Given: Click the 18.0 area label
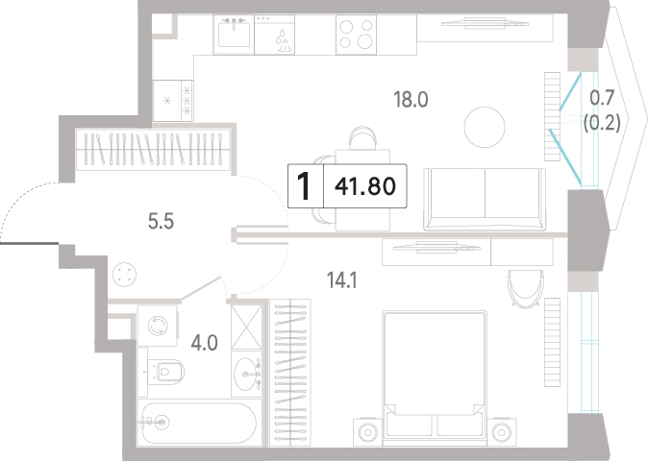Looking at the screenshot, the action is coord(411,100).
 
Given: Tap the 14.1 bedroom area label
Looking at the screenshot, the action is coord(341,280).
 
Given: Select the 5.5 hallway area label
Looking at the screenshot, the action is coord(161,222).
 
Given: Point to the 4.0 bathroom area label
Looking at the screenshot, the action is coord(204,343).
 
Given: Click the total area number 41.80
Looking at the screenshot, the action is coord(365,186).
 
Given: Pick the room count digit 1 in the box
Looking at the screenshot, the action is coord(304,186).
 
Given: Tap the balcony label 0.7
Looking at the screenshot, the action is coord(602,98).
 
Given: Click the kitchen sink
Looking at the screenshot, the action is coord(234,34).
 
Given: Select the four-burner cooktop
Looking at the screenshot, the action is coord(356,35).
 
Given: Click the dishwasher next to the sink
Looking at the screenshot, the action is coord(274,35).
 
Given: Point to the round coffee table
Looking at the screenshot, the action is coord(485,127).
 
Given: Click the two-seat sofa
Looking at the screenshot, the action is coord(485,199).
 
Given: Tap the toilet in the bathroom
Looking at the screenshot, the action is coord(165,372).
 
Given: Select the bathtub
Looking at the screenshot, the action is coord(199,422).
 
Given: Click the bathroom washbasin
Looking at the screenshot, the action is coord(247,374).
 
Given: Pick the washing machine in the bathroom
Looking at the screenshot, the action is coord(158,326).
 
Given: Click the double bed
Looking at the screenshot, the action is coord(433,378).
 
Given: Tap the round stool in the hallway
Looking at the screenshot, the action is coord(124,275).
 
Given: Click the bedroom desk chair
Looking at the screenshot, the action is coord(525,288).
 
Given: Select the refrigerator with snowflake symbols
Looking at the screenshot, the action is coord(173,100).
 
